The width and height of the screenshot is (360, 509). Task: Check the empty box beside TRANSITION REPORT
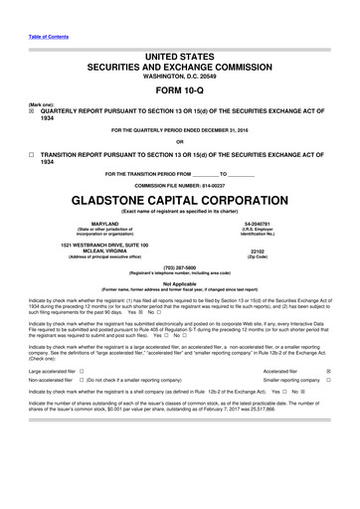(32, 156)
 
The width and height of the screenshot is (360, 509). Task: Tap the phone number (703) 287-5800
(179, 267)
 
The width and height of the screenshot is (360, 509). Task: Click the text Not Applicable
(179, 283)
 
